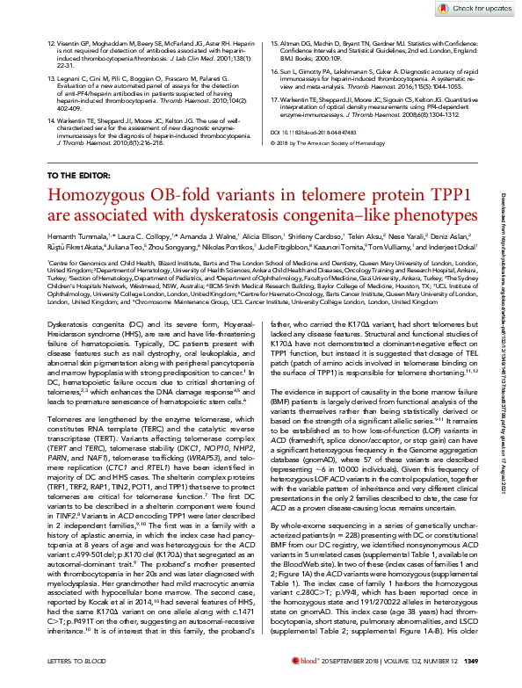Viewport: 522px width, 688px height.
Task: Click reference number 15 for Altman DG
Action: [x=272, y=42]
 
